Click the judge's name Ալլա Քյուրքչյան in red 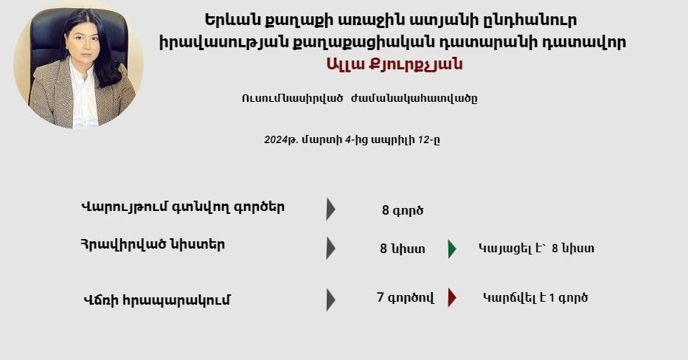point(395,64)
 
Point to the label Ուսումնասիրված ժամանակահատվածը point(359,98)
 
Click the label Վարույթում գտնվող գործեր point(183,207)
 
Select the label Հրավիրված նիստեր point(153,244)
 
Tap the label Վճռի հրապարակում point(156,300)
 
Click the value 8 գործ point(403,211)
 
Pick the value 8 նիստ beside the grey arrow point(403,249)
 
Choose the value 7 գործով point(406,297)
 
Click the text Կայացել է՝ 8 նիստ point(536,249)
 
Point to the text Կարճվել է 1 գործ point(535,297)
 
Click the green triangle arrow point(452,249)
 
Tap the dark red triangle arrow point(452,297)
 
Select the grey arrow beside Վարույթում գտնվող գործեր point(331,209)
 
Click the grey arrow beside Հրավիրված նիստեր point(331,249)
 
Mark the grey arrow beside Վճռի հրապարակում point(331,300)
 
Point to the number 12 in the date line point(423,140)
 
